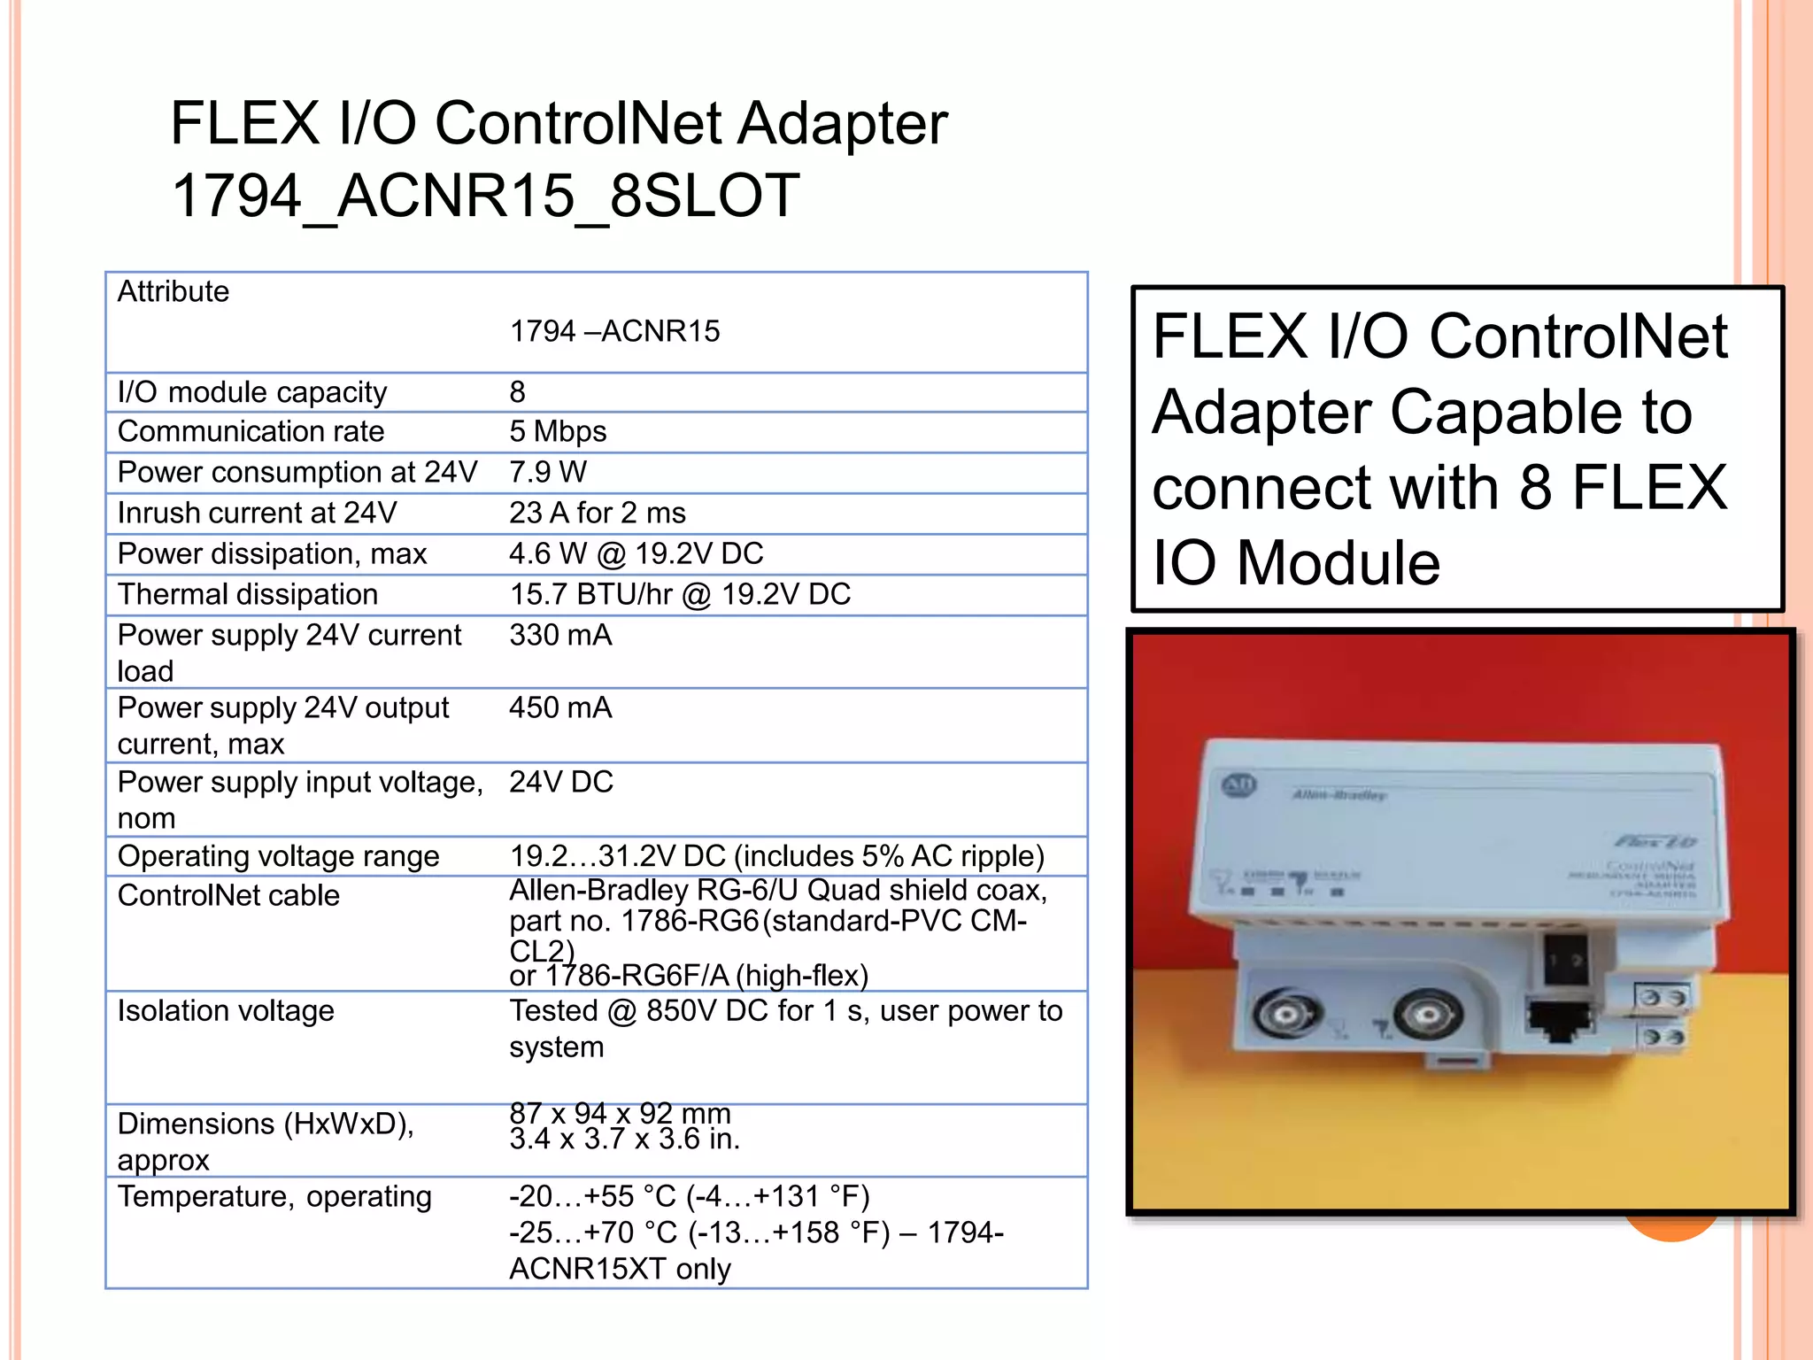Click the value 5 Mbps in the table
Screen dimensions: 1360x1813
click(558, 431)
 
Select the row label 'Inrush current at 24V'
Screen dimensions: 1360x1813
click(257, 513)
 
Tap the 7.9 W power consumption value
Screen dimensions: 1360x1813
click(547, 472)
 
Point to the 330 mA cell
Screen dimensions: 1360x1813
click(560, 635)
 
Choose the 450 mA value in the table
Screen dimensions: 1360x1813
click(560, 707)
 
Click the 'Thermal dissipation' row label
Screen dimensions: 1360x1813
click(247, 594)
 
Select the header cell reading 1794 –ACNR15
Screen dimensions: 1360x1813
click(614, 331)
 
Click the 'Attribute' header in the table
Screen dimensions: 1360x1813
click(173, 291)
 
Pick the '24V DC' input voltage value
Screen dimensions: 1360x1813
click(560, 782)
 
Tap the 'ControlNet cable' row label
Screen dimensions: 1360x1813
click(228, 895)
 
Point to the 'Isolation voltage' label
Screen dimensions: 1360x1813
click(226, 1010)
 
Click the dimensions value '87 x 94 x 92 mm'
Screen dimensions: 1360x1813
click(620, 1112)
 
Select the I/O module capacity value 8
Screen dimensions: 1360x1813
click(517, 391)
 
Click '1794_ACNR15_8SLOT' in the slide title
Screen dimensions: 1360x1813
click(485, 196)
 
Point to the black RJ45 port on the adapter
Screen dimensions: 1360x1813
click(1559, 1024)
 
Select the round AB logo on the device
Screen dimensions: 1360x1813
click(1238, 784)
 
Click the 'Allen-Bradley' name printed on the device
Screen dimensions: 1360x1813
click(1339, 795)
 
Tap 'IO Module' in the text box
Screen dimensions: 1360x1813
click(1296, 563)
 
